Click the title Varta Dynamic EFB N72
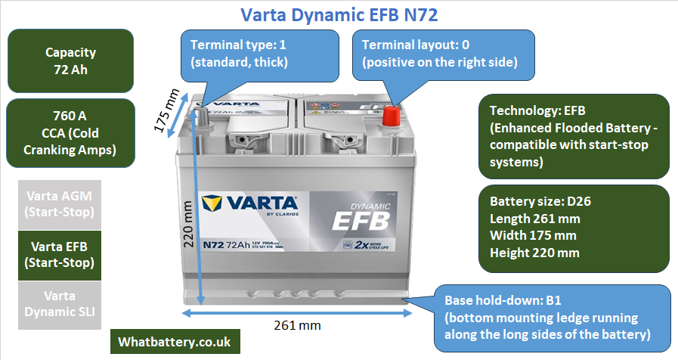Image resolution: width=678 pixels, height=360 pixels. (339, 14)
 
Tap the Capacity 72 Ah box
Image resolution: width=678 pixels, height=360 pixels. (70, 61)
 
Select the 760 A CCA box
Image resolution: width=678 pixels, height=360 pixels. (70, 133)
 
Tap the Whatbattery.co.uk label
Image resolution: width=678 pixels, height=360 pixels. (175, 341)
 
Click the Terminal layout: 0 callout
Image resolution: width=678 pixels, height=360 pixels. (440, 53)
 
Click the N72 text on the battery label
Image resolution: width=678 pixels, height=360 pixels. (216, 244)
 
